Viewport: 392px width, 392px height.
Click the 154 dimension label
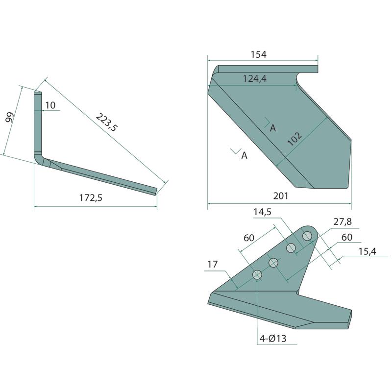coord(259,54)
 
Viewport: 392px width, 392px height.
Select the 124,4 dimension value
coord(255,79)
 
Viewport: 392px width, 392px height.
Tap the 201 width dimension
coord(281,196)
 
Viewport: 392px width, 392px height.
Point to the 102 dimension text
coord(294,139)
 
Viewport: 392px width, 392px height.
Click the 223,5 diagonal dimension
coord(106,122)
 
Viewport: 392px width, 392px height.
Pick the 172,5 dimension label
coord(91,198)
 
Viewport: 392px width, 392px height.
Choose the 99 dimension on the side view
coord(9,117)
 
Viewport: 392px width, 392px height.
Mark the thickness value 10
coord(50,105)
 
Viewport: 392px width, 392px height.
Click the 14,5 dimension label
coord(262,212)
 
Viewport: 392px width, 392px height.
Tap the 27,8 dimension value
coord(343,221)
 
